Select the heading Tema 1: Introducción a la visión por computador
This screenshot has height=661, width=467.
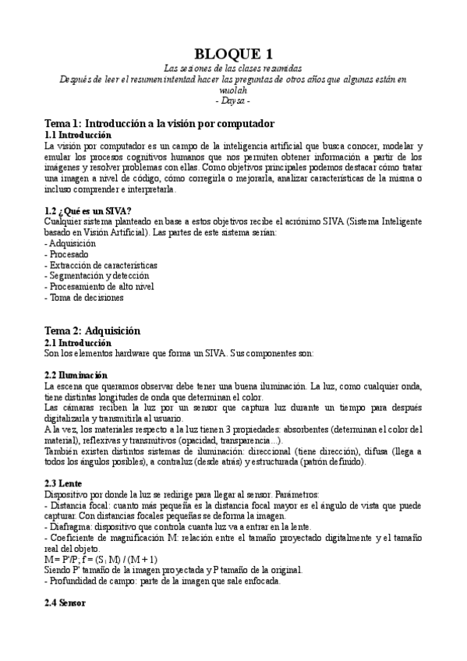(159, 123)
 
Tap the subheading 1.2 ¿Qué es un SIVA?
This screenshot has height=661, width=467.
(88, 211)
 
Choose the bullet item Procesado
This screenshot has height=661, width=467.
(69, 254)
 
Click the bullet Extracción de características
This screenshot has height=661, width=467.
(103, 265)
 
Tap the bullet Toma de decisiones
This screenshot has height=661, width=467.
(84, 297)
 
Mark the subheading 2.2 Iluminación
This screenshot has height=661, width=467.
(76, 375)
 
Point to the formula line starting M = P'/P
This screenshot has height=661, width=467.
(101, 559)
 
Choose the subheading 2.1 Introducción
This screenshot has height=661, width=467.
(78, 342)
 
